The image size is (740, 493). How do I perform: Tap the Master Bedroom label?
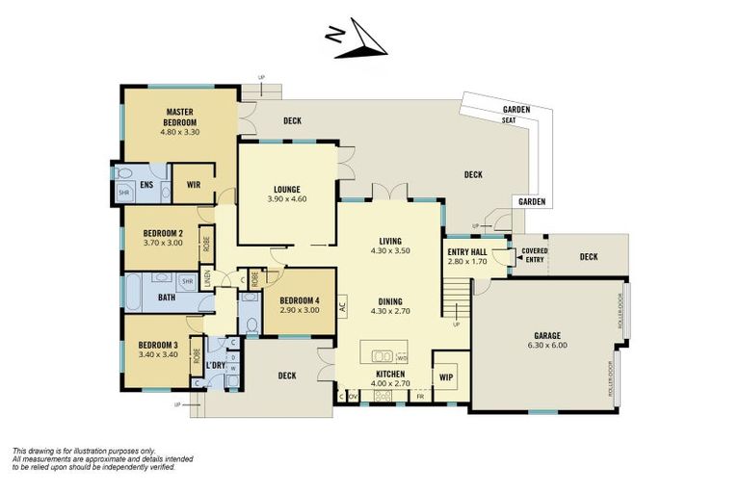180,117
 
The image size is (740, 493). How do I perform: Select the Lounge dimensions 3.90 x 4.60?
287,199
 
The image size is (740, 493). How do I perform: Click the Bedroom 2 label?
163,233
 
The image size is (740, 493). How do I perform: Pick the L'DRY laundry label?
214,367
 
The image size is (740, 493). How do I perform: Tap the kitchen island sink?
378,350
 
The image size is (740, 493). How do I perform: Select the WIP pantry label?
445,376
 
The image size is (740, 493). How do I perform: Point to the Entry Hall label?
465,252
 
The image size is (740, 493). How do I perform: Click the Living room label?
389,241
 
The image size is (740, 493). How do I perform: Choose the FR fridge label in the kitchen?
420,396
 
